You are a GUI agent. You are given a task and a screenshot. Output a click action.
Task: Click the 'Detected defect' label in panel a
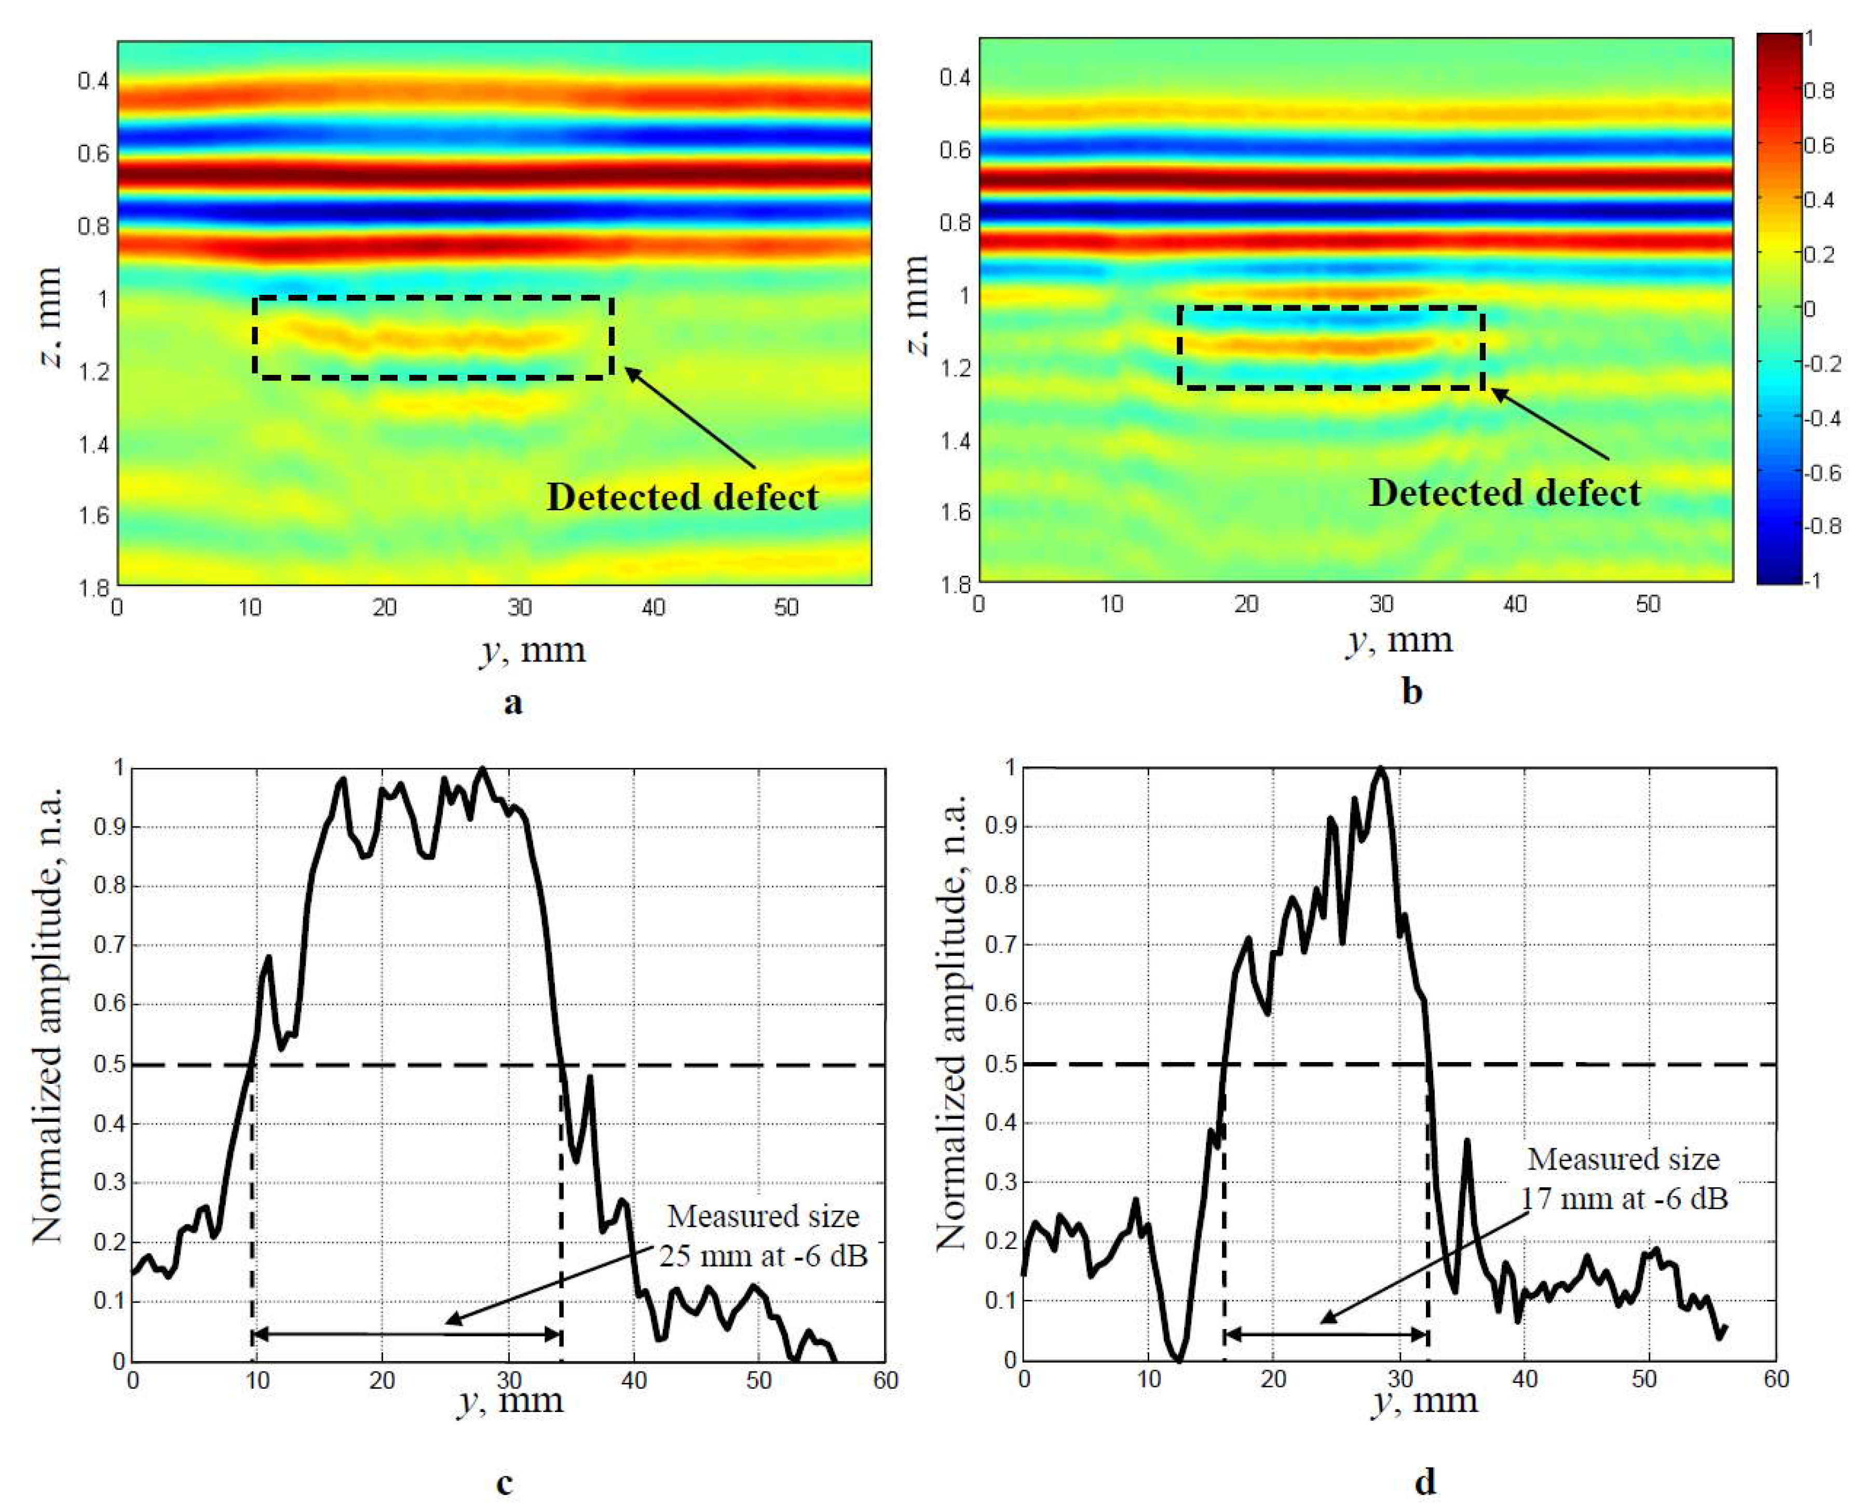(683, 497)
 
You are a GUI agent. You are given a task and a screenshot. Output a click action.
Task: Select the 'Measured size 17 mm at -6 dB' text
(1623, 1179)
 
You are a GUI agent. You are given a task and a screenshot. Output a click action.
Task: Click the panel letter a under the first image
(513, 701)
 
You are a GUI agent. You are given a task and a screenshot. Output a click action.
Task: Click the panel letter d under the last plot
(1424, 1481)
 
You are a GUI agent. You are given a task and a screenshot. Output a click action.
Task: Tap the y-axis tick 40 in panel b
(1514, 604)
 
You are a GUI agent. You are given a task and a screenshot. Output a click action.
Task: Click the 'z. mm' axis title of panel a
(50, 317)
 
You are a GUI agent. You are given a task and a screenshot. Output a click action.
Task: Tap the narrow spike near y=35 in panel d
(1467, 1143)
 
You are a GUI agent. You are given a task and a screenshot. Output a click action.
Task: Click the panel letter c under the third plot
(505, 1483)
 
